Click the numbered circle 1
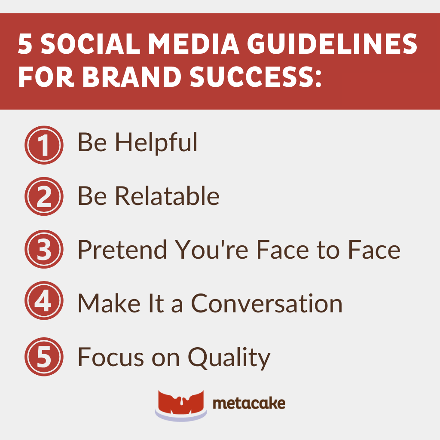(44, 145)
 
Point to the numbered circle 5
(44, 357)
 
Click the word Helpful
(156, 143)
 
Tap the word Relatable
(167, 196)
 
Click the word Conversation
(266, 303)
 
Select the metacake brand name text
(249, 404)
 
